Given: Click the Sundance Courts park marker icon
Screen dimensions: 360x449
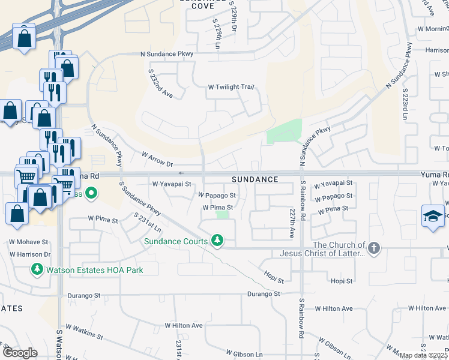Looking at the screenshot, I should [217, 241].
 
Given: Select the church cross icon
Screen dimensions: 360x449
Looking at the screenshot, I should [373, 248].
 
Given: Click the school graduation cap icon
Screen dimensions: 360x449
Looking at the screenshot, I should [433, 217].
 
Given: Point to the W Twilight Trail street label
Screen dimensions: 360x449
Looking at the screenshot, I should [231, 87].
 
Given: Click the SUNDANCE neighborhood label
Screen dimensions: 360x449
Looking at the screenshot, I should [255, 179].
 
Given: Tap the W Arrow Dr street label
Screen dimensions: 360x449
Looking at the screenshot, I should [157, 159].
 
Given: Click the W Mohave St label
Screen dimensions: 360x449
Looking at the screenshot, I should [28, 242].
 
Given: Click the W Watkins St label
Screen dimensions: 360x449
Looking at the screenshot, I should [87, 337].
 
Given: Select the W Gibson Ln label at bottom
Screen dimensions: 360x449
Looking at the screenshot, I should [244, 355].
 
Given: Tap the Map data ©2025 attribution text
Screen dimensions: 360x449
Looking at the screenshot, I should [421, 355].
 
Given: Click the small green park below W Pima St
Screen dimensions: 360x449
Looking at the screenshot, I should [223, 214].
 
